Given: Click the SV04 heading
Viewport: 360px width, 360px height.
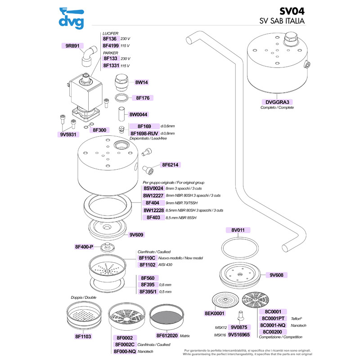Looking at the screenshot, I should [x=293, y=11].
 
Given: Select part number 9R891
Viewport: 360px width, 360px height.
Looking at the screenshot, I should [x=72, y=45].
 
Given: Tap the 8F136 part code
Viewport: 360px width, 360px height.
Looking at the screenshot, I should [x=110, y=39].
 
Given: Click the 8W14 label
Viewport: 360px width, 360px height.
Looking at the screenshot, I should [x=141, y=82].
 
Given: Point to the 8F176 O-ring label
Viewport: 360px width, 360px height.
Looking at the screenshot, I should [x=142, y=97].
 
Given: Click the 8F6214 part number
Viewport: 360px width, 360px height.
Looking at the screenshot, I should [x=170, y=165].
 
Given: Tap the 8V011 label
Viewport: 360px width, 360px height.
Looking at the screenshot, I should [x=238, y=230].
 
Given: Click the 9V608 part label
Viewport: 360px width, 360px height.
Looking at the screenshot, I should [x=279, y=274].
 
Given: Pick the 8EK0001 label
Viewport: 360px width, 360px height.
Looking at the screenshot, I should [x=214, y=313].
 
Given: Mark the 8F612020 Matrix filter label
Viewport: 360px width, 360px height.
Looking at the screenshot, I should [x=167, y=336].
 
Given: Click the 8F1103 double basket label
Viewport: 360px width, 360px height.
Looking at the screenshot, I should [x=83, y=336].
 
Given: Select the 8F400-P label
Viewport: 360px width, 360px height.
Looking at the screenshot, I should [x=84, y=247].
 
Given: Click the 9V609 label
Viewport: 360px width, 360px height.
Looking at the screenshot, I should [x=136, y=234].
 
